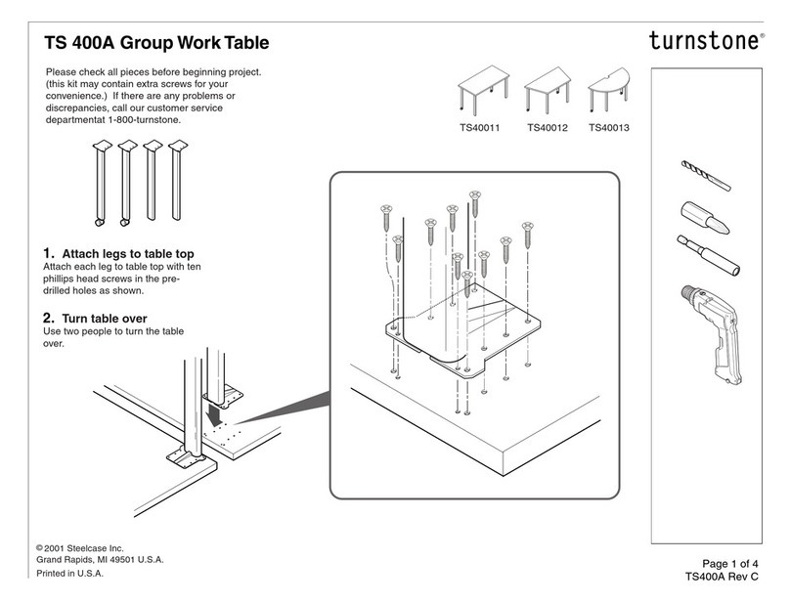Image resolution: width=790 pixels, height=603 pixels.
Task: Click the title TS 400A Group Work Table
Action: [156, 43]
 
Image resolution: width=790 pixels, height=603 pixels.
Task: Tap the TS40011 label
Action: [481, 127]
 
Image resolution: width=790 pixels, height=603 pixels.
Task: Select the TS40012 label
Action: [547, 127]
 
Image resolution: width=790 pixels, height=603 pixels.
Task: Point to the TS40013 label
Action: [609, 127]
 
